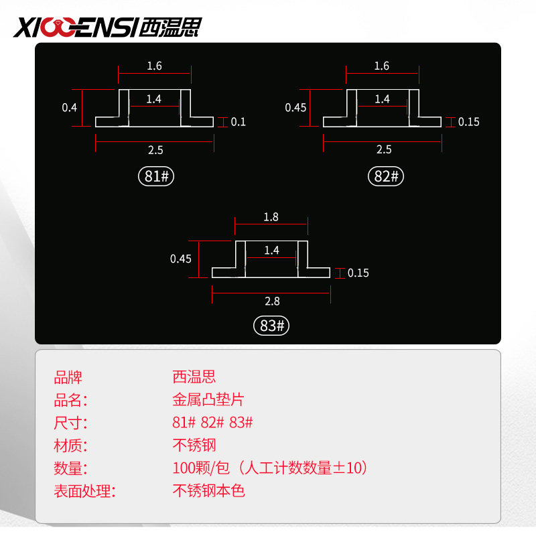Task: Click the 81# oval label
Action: coord(155,177)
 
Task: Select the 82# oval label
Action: coord(386,177)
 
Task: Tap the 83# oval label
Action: coord(271,326)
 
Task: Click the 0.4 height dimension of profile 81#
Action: coord(70,107)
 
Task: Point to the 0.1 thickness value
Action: coord(239,122)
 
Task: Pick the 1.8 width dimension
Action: coord(271,217)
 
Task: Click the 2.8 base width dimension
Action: coord(271,301)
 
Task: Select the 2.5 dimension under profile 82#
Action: coord(383,149)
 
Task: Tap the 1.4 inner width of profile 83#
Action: coord(271,251)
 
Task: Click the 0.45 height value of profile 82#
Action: coord(295,107)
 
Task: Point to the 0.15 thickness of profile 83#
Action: coord(358,273)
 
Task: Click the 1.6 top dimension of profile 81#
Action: coord(154,66)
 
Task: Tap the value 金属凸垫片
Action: coord(208,401)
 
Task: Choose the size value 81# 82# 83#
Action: coord(212,423)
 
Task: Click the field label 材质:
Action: coord(71,446)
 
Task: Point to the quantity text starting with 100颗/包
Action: coord(270,468)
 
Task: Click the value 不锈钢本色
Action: coord(208,491)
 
